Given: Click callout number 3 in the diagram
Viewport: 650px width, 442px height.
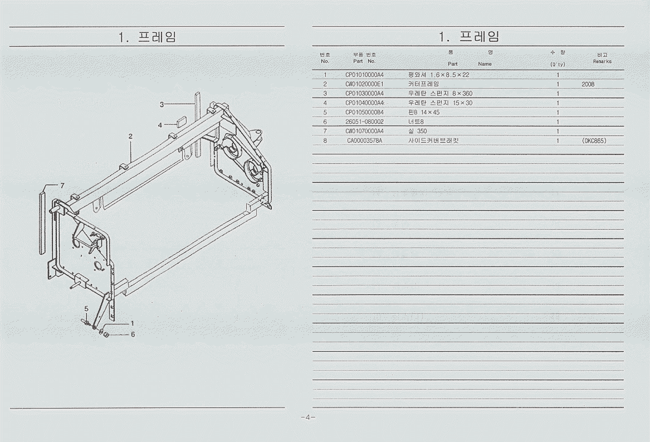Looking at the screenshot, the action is coord(162,105).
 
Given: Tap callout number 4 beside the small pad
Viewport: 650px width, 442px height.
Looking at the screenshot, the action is coord(160,125).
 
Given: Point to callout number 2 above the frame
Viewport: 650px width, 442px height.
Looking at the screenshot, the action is coord(130,136).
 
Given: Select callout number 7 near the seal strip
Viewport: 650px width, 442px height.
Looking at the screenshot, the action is coord(62,186).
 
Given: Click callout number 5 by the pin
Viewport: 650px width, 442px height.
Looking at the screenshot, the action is coord(86,308).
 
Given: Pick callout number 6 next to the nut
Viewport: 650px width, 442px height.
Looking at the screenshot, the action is coord(133,334).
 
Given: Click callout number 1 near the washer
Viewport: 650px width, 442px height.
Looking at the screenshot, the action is coord(132,323).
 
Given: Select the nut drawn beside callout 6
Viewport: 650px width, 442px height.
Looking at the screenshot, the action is coord(106,334).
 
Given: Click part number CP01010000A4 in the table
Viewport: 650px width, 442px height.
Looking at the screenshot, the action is coord(364,75).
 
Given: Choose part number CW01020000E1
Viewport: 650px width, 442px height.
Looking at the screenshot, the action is coord(364,84).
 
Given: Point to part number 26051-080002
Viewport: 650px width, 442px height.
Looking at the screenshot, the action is coord(364,122).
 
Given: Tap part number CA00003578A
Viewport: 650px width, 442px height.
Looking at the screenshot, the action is coord(364,140).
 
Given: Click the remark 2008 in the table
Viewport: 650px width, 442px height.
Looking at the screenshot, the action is coord(588,84).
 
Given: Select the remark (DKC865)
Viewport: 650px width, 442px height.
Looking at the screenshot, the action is coord(594,140).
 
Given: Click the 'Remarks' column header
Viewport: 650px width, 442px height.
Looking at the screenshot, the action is coord(602,61).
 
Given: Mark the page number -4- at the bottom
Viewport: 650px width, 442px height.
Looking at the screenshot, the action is coord(308,417).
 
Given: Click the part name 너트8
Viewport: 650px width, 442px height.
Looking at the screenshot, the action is coord(416,122).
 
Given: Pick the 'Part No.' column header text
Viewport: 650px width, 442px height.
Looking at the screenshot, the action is coord(364,61).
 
